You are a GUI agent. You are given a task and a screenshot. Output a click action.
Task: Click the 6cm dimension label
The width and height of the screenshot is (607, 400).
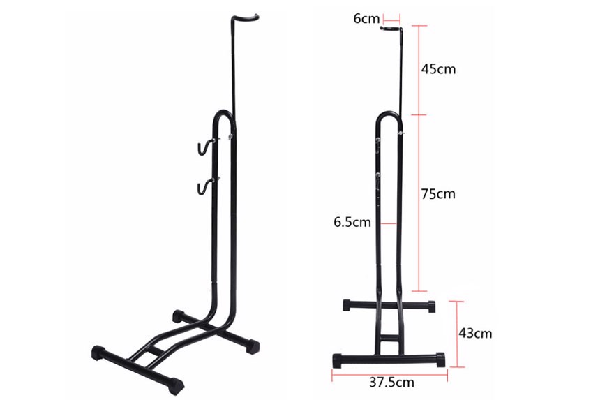(x=366, y=18)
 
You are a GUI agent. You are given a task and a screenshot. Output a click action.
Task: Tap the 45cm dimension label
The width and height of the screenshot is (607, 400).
(x=438, y=69)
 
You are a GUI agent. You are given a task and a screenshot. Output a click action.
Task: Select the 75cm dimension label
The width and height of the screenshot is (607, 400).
(x=438, y=193)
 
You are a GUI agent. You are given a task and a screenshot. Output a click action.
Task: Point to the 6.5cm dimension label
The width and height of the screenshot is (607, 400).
(x=352, y=222)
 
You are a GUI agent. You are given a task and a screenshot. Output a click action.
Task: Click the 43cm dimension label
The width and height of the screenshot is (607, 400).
(x=475, y=333)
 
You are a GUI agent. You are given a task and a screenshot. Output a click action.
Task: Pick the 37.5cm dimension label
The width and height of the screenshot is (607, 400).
(x=392, y=382)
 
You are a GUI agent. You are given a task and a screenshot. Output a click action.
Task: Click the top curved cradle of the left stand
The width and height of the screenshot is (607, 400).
(x=246, y=17)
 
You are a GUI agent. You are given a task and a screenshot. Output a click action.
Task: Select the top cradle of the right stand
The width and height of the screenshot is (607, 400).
(x=391, y=28)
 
